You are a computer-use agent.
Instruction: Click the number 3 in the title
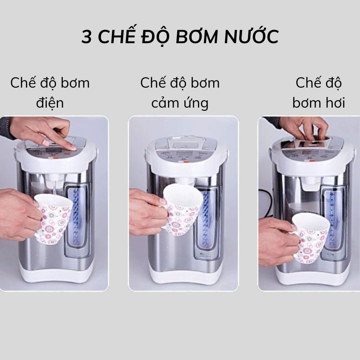tap(86, 37)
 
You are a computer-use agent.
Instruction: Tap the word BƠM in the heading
tap(197, 36)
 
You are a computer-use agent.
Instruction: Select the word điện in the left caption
tap(50, 102)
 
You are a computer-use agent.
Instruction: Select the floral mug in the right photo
tap(310, 237)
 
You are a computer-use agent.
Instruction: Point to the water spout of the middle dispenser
tap(185, 181)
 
